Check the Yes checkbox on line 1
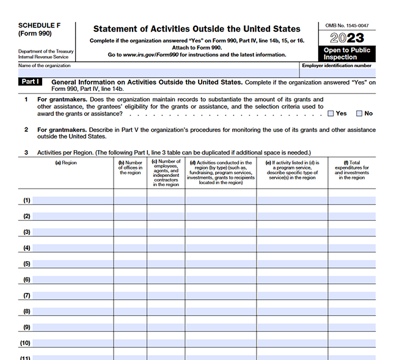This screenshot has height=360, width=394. tap(330, 113)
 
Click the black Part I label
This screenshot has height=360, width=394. tap(31, 82)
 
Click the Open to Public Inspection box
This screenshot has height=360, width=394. tap(346, 54)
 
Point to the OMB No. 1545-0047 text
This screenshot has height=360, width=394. tap(346, 26)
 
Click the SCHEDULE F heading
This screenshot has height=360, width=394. tap(38, 26)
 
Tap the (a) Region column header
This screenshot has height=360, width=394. tap(65, 163)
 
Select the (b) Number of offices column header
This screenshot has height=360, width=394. tap(130, 168)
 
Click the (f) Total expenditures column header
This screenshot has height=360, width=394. tap(352, 170)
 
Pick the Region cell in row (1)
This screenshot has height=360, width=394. tap(72, 200)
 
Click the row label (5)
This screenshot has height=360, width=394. tap(27, 264)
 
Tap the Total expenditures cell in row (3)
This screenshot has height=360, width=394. tap(352, 232)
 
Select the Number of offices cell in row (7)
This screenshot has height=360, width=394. tap(130, 295)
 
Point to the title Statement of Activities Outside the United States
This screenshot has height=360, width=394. tap(196, 29)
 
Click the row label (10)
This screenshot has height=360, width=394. tap(26, 344)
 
